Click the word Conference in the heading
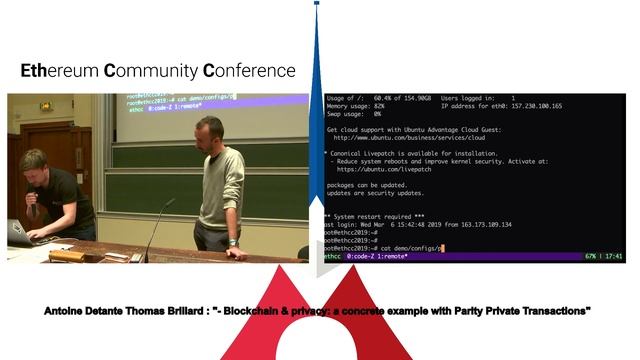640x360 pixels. (x=249, y=71)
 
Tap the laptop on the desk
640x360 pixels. (x=19, y=233)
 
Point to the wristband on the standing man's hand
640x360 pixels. (x=231, y=240)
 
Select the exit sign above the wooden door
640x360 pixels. (x=45, y=105)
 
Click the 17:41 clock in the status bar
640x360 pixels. (x=614, y=257)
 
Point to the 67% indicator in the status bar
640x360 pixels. (x=591, y=257)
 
